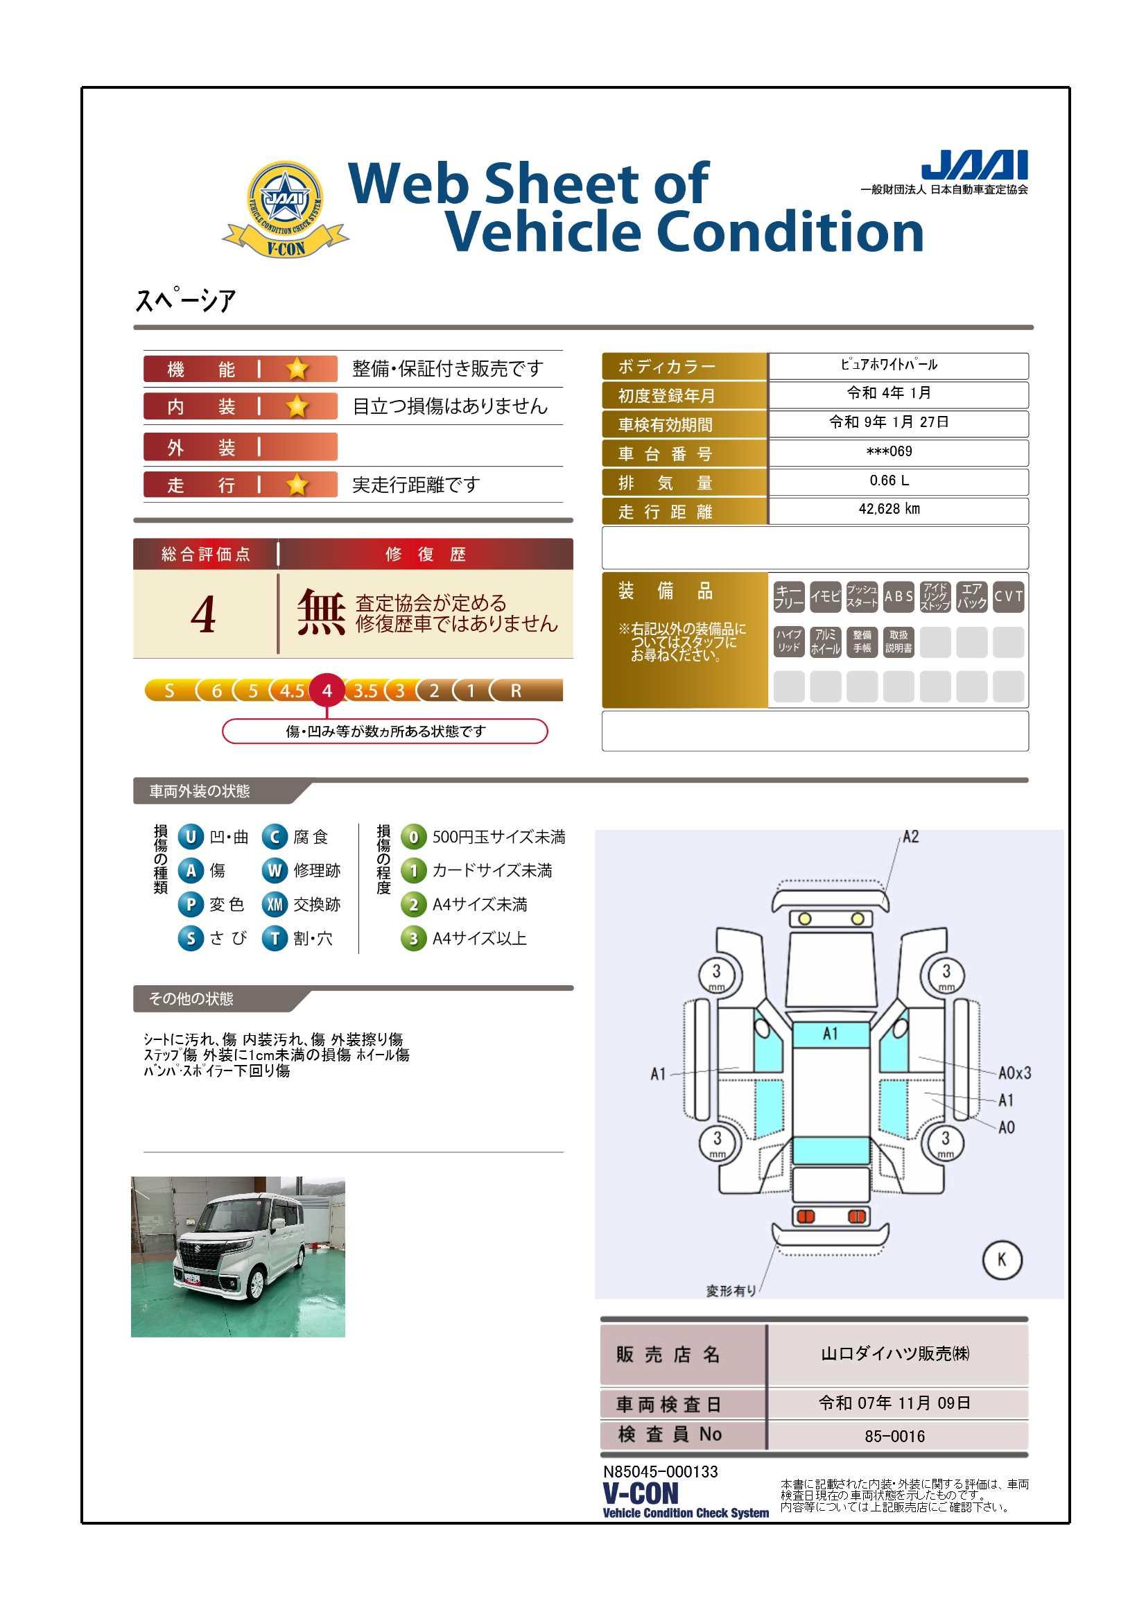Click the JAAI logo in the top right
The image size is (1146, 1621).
tap(975, 165)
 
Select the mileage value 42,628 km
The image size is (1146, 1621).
tap(889, 509)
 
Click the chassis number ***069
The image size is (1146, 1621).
tap(889, 451)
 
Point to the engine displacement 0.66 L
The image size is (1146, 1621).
tap(889, 480)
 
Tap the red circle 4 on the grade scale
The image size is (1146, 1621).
tap(327, 691)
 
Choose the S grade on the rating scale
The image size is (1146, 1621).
tap(169, 691)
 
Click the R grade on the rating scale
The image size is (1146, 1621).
tap(516, 691)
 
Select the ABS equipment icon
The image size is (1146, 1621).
tap(899, 596)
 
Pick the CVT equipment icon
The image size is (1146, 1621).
tap(1008, 596)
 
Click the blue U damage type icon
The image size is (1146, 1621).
tap(191, 837)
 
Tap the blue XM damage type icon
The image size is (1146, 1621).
tap(275, 904)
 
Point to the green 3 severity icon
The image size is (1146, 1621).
tap(414, 938)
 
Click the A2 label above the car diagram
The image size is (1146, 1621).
tap(911, 837)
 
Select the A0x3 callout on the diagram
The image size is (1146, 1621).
tap(1015, 1073)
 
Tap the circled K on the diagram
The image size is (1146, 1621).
tap(1002, 1259)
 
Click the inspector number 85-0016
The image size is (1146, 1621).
tap(894, 1436)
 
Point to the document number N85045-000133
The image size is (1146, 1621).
tap(660, 1472)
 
